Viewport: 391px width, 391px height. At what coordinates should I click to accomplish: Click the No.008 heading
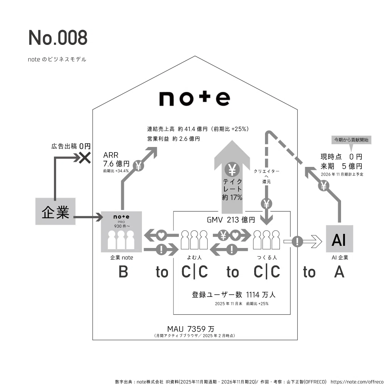pyautogui.click(x=58, y=38)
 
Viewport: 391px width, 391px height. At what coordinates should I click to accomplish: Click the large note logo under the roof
pyautogui.click(x=195, y=98)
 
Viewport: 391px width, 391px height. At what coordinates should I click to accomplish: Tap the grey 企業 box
pyautogui.click(x=55, y=211)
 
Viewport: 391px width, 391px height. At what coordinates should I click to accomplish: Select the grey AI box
pyautogui.click(x=339, y=239)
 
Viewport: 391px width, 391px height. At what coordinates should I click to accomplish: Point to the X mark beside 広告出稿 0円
pyautogui.click(x=85, y=158)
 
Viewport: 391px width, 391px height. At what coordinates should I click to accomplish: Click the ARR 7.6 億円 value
pyautogui.click(x=116, y=160)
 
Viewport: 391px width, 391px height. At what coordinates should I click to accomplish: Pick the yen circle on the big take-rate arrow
pyautogui.click(x=232, y=169)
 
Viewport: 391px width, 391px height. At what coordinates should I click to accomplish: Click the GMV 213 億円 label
pyautogui.click(x=231, y=220)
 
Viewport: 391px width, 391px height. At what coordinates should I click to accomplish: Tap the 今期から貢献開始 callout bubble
pyautogui.click(x=351, y=140)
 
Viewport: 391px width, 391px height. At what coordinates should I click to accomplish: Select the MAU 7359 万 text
pyautogui.click(x=191, y=329)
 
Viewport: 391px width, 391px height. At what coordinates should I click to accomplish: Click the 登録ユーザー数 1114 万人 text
pyautogui.click(x=234, y=295)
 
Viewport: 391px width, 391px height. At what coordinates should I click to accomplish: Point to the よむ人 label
pyautogui.click(x=194, y=258)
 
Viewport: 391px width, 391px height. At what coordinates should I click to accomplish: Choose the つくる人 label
pyautogui.click(x=267, y=258)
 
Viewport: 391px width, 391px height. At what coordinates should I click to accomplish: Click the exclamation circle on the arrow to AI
pyautogui.click(x=297, y=241)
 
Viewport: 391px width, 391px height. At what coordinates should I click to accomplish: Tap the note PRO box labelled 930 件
pyautogui.click(x=121, y=232)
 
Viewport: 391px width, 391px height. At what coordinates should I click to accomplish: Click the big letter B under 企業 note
pyautogui.click(x=123, y=272)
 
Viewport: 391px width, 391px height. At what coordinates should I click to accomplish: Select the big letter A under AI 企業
pyautogui.click(x=339, y=272)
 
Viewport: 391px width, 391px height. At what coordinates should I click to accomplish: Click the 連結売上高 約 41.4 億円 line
pyautogui.click(x=198, y=129)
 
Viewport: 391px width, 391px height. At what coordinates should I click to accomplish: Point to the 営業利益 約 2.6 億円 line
pyautogui.click(x=173, y=139)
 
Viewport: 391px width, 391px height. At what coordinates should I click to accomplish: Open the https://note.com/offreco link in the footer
pyautogui.click(x=357, y=382)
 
